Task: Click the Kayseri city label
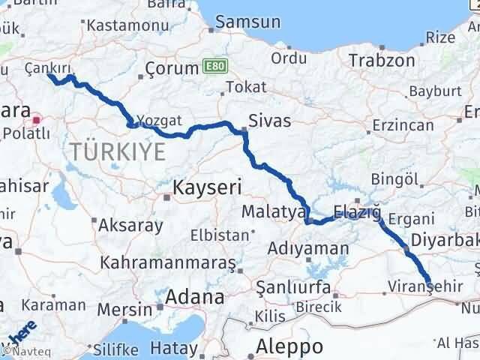tap(205, 186)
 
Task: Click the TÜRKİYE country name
tap(118, 152)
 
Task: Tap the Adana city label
tap(195, 296)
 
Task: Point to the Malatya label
tap(270, 213)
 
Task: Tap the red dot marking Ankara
tap(36, 118)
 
